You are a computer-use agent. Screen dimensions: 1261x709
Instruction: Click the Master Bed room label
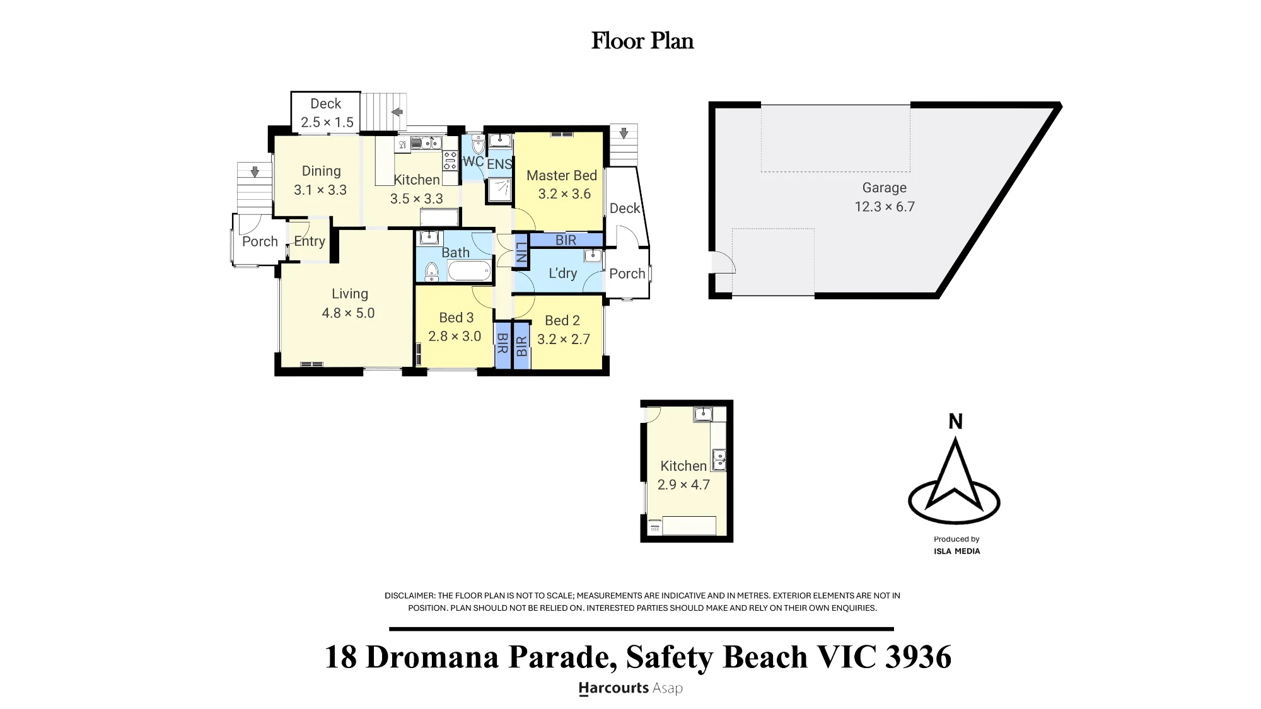coord(562,175)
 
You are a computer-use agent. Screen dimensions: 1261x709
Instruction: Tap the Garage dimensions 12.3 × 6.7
coord(885,207)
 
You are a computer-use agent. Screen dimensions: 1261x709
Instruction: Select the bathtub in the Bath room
coord(469,271)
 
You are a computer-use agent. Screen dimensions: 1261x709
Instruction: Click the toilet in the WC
coord(477,146)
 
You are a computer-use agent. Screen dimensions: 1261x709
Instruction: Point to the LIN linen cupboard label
coord(521,253)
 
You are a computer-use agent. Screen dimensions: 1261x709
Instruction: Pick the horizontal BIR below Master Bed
coord(566,240)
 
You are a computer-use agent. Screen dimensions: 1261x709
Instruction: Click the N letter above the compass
coord(955,422)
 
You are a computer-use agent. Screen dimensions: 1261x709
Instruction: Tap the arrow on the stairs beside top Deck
coord(397,112)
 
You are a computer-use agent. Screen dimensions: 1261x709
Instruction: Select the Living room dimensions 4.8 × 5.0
coord(348,313)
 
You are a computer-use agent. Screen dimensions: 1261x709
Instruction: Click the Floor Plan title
coord(642,41)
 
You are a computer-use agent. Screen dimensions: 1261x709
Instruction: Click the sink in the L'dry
coord(593,255)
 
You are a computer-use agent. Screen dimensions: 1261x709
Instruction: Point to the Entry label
coord(310,241)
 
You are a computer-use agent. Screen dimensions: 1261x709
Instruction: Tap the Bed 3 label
coord(456,318)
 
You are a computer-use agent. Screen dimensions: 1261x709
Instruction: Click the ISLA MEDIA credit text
coord(957,551)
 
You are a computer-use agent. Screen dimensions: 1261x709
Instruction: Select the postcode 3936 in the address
coord(918,657)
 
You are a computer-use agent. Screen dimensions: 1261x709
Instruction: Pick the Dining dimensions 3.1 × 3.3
coord(320,190)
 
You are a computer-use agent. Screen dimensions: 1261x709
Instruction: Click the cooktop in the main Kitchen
coord(450,161)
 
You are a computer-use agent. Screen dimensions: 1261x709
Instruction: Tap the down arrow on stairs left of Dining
coord(255,171)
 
